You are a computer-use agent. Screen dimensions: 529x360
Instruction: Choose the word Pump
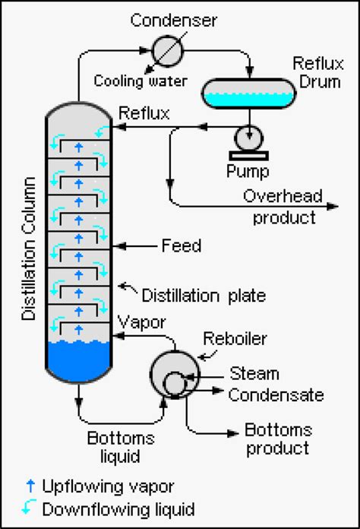tap(248, 169)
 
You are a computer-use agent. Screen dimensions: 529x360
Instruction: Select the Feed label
tap(182, 245)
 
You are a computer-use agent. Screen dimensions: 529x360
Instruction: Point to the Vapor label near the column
tap(142, 322)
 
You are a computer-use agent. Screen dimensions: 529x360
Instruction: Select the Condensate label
tap(276, 394)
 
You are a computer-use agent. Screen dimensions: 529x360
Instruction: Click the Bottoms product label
tap(277, 439)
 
